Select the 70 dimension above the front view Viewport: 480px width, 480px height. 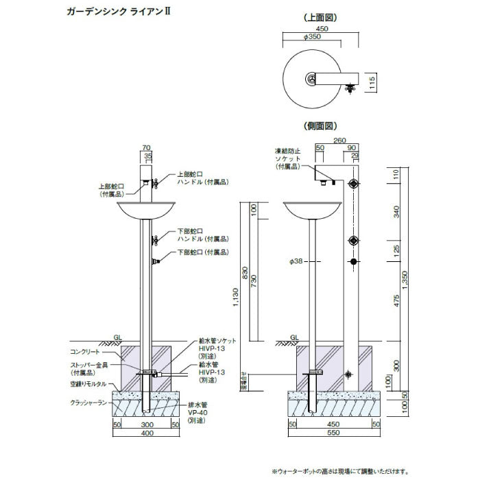[146, 147]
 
